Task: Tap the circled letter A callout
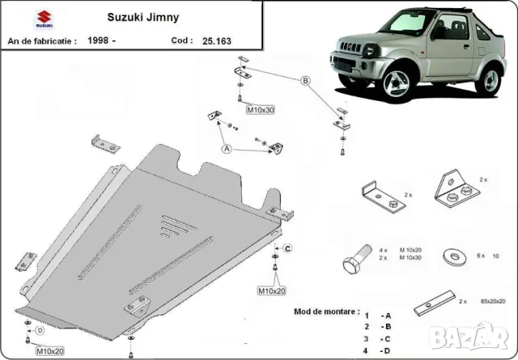pyautogui.click(x=227, y=148)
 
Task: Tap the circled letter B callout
pyautogui.click(x=306, y=80)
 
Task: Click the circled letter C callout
pyautogui.click(x=287, y=247)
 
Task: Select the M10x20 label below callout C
pyautogui.click(x=272, y=290)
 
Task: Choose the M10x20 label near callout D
pyautogui.click(x=49, y=350)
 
